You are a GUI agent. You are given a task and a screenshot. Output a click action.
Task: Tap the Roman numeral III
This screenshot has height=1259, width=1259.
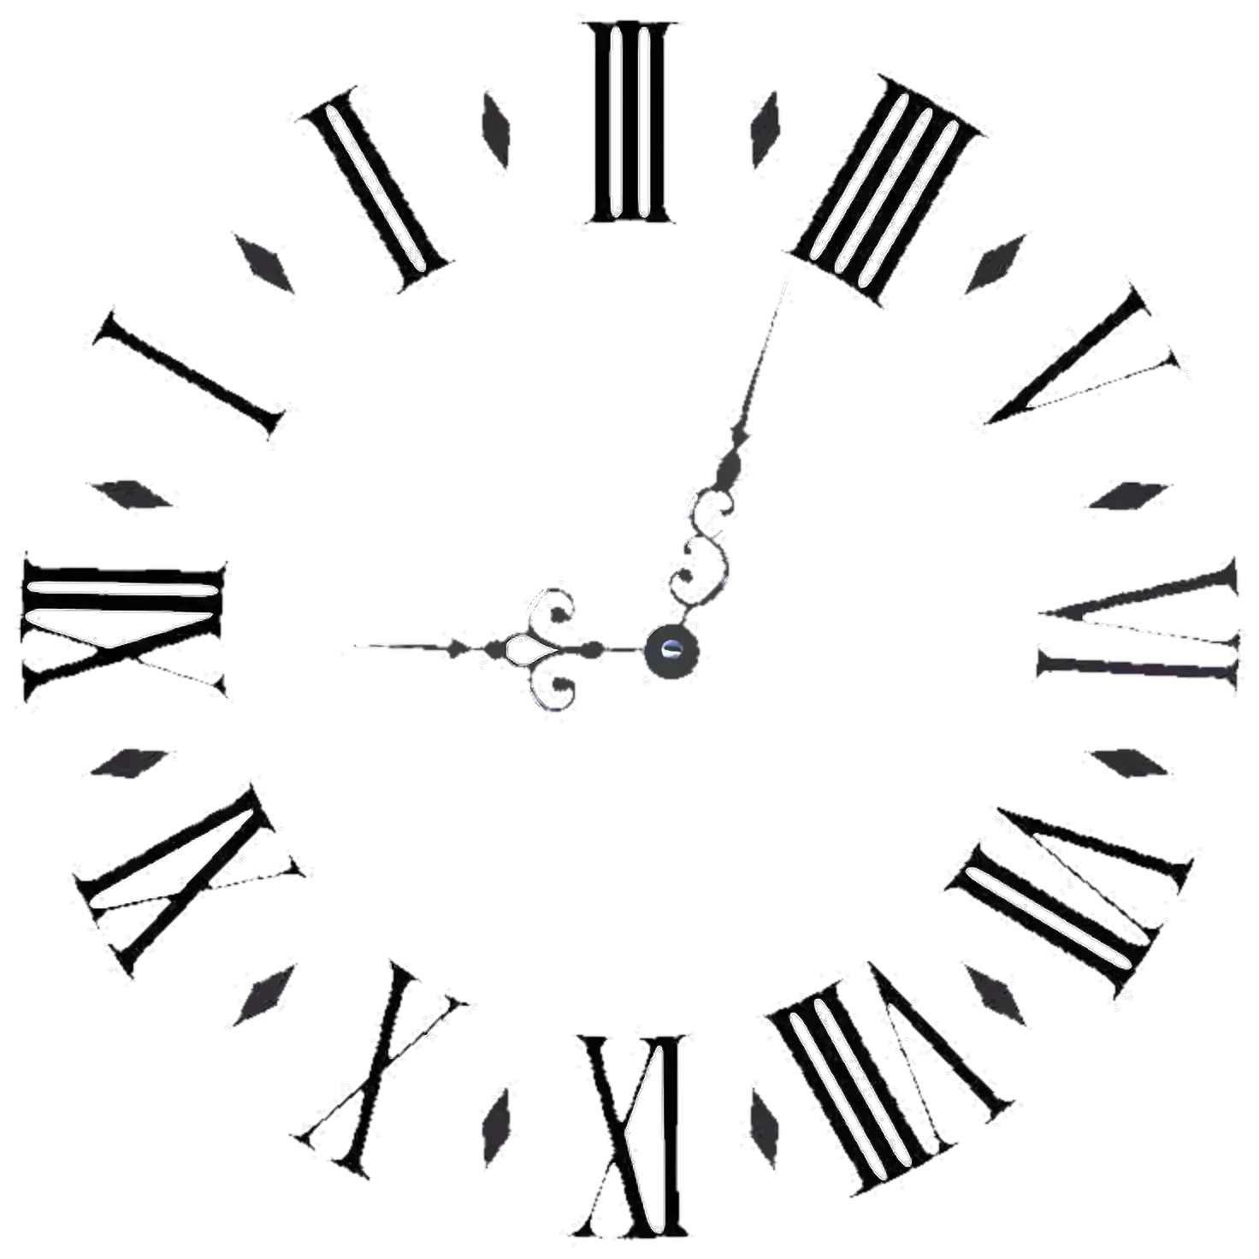coord(629,123)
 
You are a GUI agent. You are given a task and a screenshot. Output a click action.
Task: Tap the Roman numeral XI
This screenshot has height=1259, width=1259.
coord(190,882)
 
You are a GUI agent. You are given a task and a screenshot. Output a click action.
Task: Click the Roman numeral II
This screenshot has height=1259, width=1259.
coord(375,190)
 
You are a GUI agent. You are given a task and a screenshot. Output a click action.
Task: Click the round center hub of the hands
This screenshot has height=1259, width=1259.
coord(671,650)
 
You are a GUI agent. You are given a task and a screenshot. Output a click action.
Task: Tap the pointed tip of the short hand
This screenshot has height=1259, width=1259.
coord(355,646)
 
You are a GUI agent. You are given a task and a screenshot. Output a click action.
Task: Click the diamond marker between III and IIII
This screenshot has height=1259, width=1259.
coord(765,129)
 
